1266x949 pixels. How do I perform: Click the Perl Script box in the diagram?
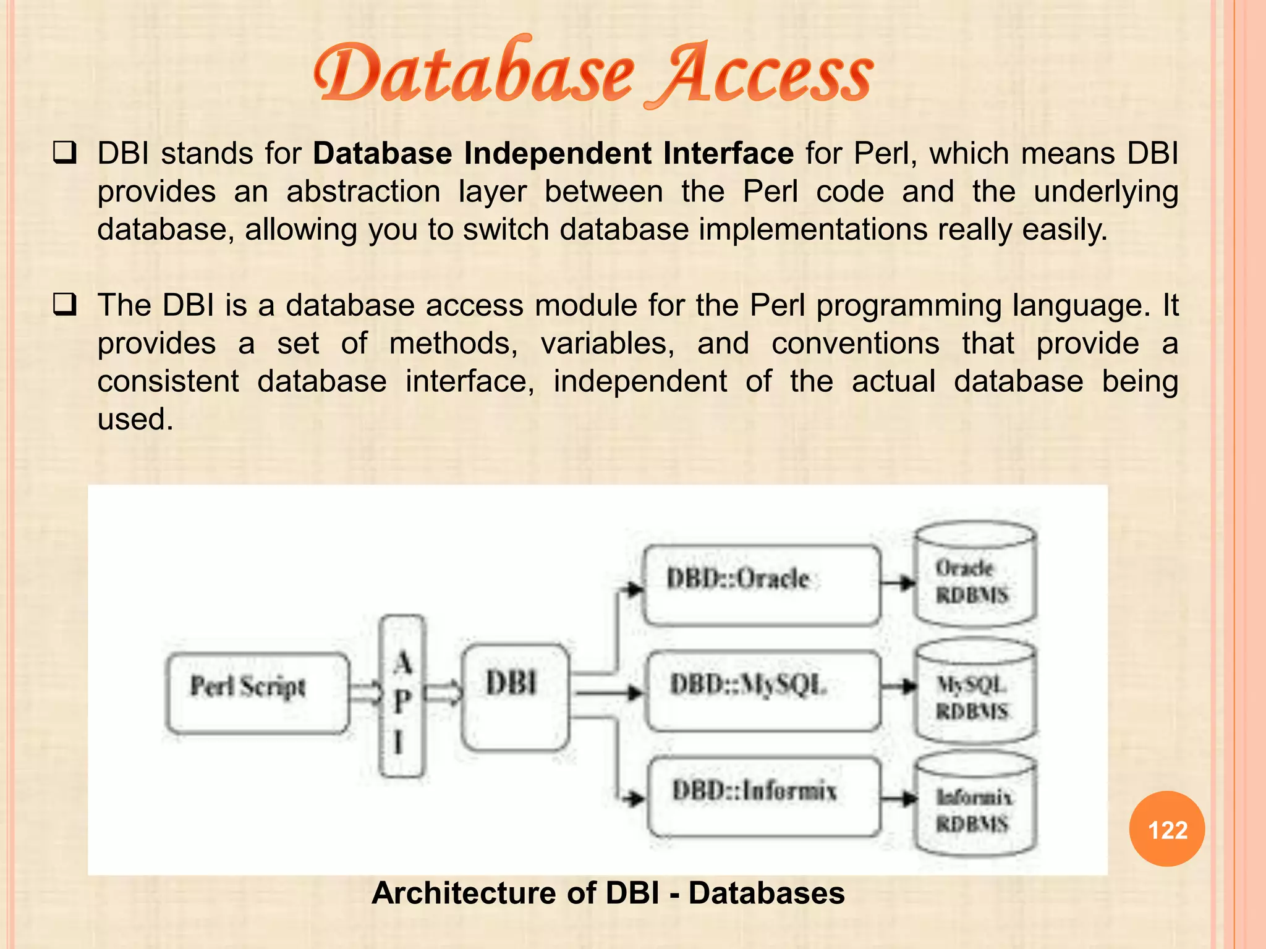pyautogui.click(x=257, y=693)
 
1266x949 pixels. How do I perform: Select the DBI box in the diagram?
pyautogui.click(x=515, y=696)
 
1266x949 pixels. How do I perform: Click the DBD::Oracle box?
pyautogui.click(x=761, y=584)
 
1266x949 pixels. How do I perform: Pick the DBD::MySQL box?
pyautogui.click(x=762, y=690)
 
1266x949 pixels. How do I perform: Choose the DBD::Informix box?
pyautogui.click(x=764, y=797)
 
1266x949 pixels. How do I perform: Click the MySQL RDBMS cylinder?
pyautogui.click(x=975, y=691)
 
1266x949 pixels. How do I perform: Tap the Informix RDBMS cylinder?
pyautogui.click(x=975, y=806)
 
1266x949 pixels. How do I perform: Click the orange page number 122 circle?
pyautogui.click(x=1167, y=829)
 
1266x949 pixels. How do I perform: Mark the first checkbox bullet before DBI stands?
pyautogui.click(x=64, y=153)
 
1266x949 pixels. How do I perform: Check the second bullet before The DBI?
pyautogui.click(x=64, y=305)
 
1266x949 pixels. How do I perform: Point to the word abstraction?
pyautogui.click(x=363, y=192)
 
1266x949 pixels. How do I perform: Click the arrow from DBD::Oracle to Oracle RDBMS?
pyautogui.click(x=898, y=583)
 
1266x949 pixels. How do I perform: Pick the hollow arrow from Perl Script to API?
pyautogui.click(x=366, y=693)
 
